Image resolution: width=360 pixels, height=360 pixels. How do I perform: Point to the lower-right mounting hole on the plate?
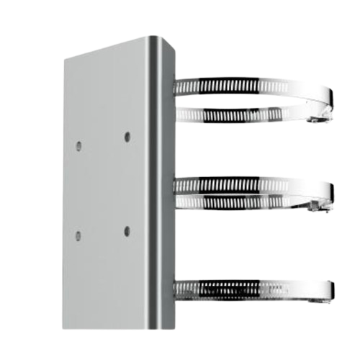point(127,230)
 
